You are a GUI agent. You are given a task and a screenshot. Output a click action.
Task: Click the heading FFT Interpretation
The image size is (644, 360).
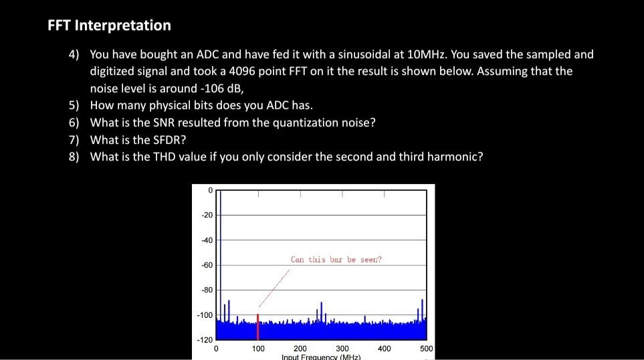[109, 25]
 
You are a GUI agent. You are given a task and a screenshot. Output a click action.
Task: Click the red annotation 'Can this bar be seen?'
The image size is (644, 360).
[336, 259]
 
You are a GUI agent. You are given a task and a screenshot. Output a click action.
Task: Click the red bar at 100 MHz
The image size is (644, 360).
[257, 326]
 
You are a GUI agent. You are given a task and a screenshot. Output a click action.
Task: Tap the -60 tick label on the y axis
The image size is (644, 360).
[207, 266]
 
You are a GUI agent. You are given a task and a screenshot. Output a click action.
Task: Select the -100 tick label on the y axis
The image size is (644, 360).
[205, 315]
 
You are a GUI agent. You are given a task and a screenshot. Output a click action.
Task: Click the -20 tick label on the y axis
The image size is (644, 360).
[207, 215]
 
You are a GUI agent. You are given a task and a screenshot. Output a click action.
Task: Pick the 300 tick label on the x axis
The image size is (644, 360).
[342, 349]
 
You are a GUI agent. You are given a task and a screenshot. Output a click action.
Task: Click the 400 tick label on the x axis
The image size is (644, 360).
[384, 349]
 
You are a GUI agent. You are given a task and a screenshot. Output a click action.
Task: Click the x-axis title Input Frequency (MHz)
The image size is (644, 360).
[321, 357]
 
